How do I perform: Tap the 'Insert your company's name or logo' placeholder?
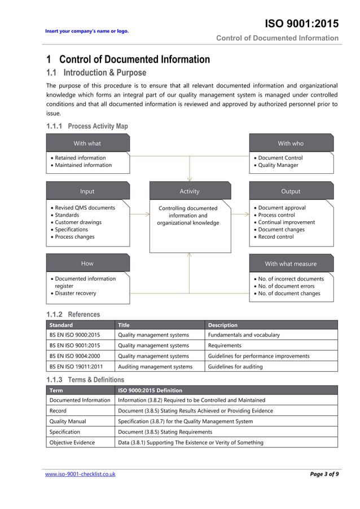tap(87, 30)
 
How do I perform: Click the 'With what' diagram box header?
tap(87, 143)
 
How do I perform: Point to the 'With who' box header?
tap(291, 143)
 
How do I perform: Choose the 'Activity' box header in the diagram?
tap(190, 191)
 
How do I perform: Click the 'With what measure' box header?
tap(291, 264)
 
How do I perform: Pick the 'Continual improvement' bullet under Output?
tap(286, 222)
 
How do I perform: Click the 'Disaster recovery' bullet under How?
tap(75, 293)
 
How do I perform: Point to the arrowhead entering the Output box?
tap(247, 214)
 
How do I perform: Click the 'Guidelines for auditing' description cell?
tap(235, 367)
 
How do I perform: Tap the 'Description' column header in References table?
tap(222, 325)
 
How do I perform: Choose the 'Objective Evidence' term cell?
tap(72, 442)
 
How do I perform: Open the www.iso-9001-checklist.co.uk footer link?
tap(80, 474)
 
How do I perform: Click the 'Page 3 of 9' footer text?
tap(324, 474)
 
